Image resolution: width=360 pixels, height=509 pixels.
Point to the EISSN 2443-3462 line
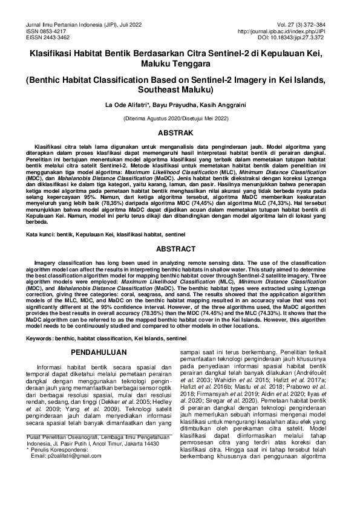(x=38, y=37)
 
